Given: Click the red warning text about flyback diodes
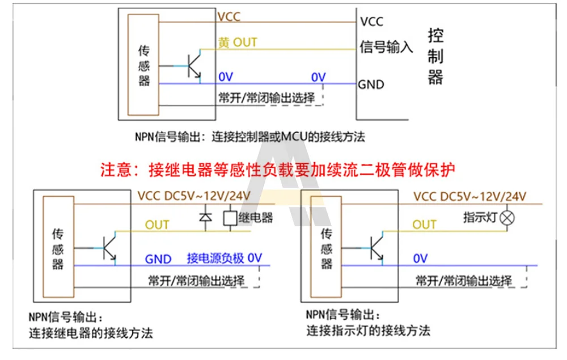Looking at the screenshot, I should (x=278, y=170).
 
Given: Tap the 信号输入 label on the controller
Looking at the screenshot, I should (x=386, y=46).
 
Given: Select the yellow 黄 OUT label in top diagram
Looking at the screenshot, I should (x=238, y=43).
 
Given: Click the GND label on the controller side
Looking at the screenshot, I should (x=371, y=85).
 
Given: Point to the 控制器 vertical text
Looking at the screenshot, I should (x=435, y=57).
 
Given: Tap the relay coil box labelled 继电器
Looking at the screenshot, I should (x=230, y=217).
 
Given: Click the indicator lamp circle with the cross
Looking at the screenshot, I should (x=509, y=218).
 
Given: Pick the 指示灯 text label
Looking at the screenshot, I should (x=481, y=217).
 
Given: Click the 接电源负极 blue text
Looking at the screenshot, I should (x=215, y=259).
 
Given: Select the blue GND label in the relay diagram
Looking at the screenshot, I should (x=158, y=259).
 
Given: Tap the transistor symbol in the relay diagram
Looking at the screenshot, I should (x=109, y=247).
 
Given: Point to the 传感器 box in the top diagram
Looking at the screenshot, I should (x=144, y=65).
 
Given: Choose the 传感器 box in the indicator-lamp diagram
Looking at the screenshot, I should (x=326, y=248).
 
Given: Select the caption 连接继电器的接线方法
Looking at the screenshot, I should (x=91, y=333).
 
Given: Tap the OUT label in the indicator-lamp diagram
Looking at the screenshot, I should (x=424, y=225).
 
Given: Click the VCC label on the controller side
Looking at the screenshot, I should (x=371, y=22).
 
